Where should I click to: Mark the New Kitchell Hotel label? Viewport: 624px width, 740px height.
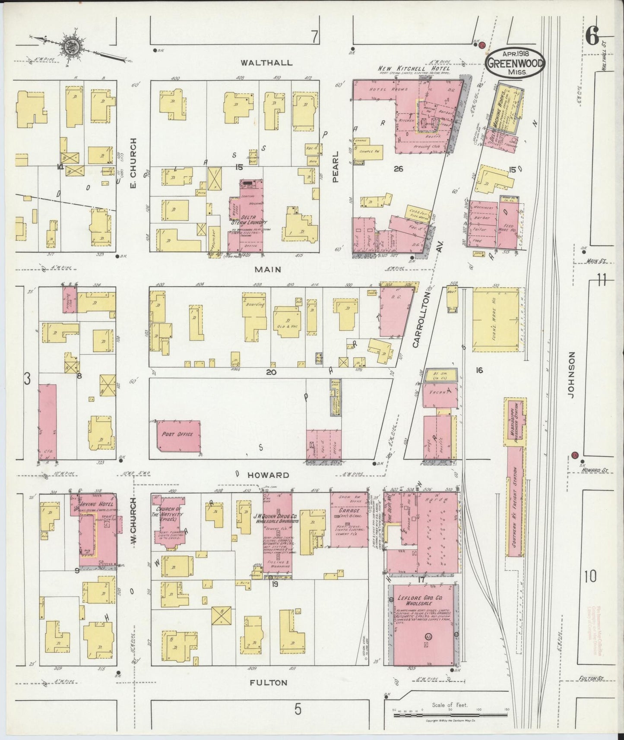pyautogui.click(x=414, y=69)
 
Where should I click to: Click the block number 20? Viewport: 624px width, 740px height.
pyautogui.click(x=271, y=371)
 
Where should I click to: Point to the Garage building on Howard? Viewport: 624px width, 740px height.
pyautogui.click(x=348, y=520)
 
